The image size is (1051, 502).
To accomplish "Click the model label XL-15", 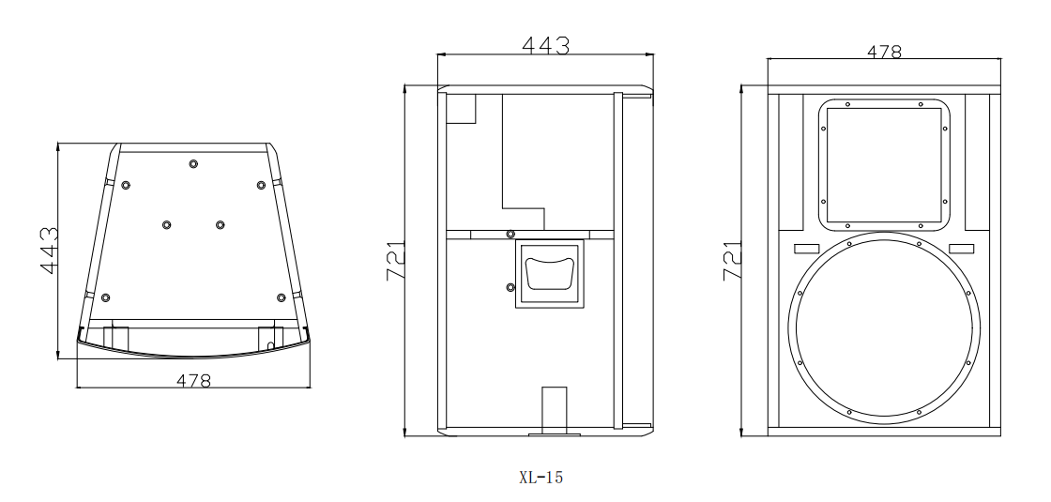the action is click(x=541, y=478).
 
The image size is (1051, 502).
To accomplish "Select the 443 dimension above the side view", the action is click(x=545, y=45).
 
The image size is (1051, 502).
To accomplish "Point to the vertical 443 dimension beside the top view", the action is click(x=49, y=251).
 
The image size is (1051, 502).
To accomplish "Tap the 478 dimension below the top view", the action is click(x=193, y=381).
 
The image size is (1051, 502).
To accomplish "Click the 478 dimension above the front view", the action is click(x=884, y=52).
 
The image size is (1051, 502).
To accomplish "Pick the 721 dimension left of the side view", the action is click(x=395, y=261).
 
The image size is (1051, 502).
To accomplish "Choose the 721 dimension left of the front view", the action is click(x=732, y=261).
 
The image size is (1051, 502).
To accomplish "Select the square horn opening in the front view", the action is click(x=884, y=165).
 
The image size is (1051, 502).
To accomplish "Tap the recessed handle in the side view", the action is click(x=548, y=273).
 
